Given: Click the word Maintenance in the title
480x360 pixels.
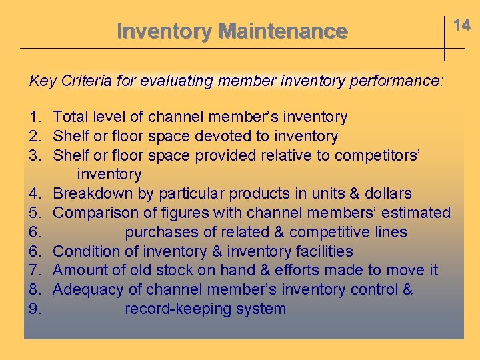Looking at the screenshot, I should pyautogui.click(x=283, y=31).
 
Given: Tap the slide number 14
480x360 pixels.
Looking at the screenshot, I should pyautogui.click(x=462, y=25).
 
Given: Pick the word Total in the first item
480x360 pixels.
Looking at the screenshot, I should pyautogui.click(x=71, y=117).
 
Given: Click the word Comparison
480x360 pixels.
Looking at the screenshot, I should pyautogui.click(x=95, y=213).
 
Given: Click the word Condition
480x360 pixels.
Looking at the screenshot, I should pyautogui.click(x=85, y=252).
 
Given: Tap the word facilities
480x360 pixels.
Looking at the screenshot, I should pyautogui.click(x=321, y=252).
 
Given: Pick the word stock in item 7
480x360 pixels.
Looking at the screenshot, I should pyautogui.click(x=177, y=271).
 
